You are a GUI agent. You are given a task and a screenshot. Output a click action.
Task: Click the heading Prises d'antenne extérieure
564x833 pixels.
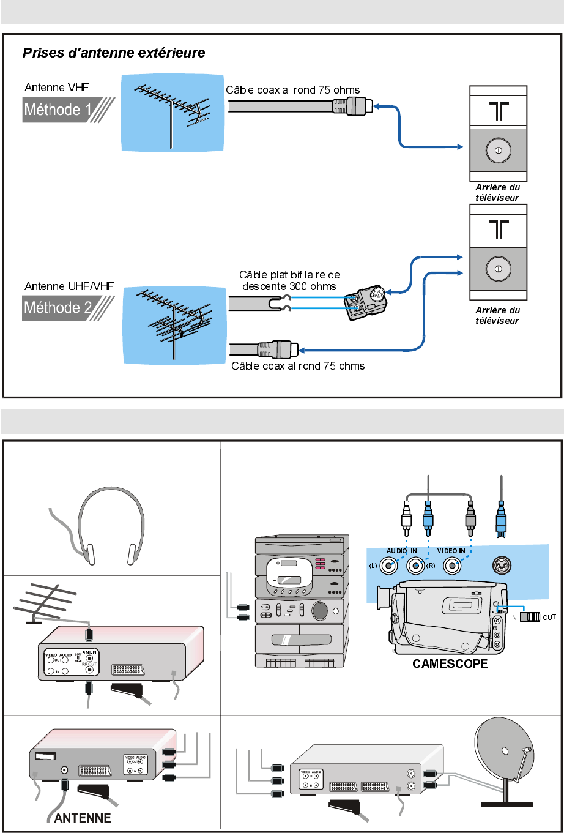click(114, 53)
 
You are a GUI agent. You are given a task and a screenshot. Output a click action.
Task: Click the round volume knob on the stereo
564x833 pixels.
click(319, 611)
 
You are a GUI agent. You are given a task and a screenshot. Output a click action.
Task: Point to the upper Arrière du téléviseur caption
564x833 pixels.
click(498, 193)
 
